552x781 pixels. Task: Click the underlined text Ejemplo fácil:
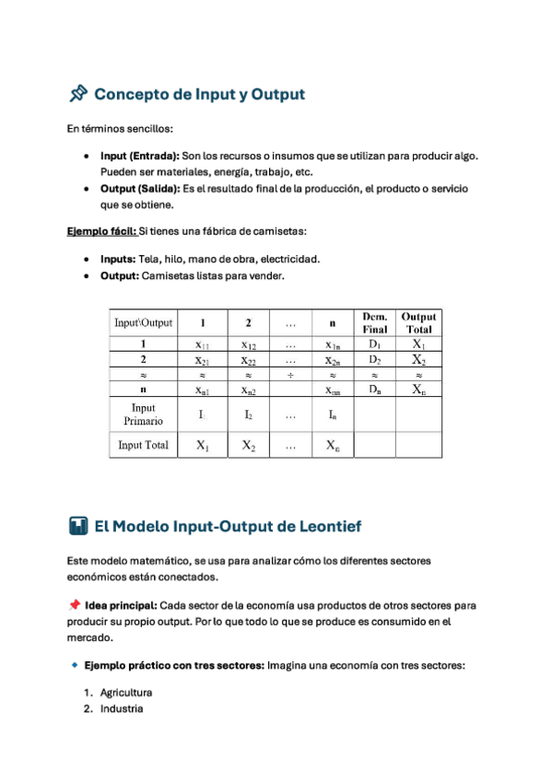(x=101, y=230)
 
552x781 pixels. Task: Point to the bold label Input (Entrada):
(x=140, y=157)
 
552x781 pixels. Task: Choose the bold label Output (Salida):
(x=140, y=188)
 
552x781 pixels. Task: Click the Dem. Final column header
(x=375, y=322)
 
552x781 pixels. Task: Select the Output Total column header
(x=418, y=322)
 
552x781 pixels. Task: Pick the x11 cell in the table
(x=203, y=344)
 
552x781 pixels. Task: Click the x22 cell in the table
(x=248, y=359)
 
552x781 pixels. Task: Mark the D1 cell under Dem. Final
(x=375, y=344)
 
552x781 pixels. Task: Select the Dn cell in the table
(x=375, y=390)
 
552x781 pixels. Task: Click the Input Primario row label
(x=143, y=414)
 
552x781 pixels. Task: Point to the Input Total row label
(x=143, y=445)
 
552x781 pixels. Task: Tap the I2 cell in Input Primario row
(x=248, y=414)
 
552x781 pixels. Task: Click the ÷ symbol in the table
(x=291, y=375)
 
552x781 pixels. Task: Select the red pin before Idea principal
(x=74, y=605)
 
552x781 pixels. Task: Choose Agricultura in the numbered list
(x=126, y=692)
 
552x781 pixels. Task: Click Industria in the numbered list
(x=122, y=709)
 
